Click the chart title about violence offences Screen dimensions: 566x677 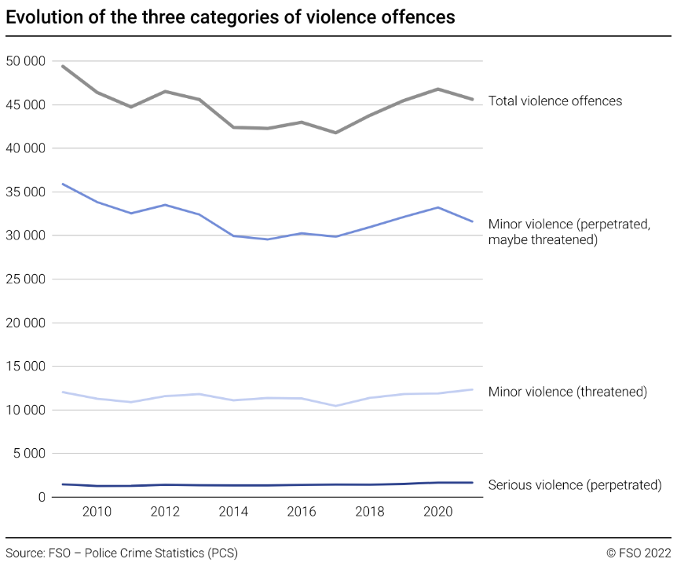[230, 17]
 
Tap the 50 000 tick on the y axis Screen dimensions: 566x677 [25, 61]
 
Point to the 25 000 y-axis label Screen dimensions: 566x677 [25, 279]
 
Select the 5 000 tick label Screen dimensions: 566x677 [29, 454]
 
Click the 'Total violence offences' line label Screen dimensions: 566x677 [555, 101]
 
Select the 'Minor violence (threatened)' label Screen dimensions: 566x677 [567, 392]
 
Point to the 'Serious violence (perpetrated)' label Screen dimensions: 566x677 [575, 485]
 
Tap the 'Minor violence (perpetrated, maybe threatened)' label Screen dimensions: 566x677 [569, 232]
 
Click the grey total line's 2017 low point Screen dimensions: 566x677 [335, 133]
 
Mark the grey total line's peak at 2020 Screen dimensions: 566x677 [438, 89]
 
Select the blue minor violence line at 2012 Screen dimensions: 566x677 [165, 205]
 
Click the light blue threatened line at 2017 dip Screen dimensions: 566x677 [335, 406]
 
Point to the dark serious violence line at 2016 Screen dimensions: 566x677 [302, 485]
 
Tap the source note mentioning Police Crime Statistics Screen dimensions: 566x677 [122, 553]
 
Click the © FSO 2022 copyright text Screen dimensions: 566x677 [639, 553]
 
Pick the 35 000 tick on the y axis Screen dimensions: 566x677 [25, 192]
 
